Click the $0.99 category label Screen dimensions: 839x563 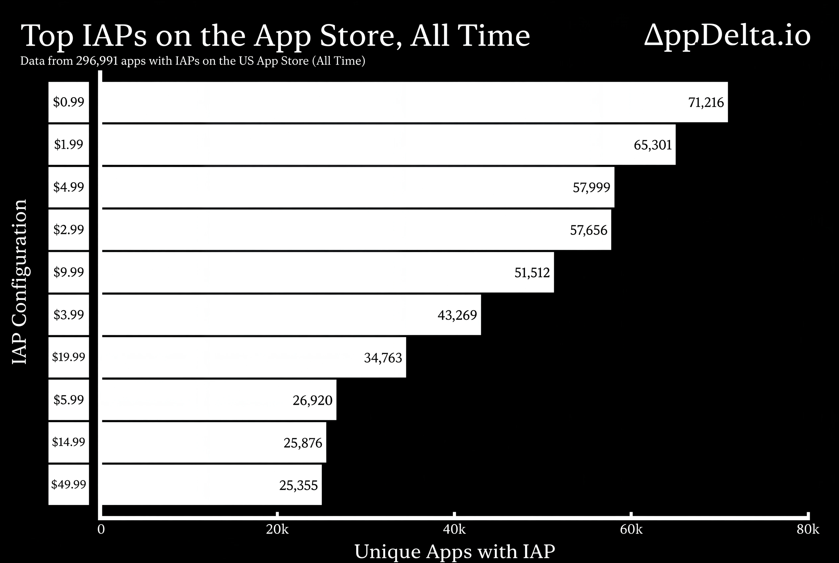69,102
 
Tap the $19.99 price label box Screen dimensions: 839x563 69,357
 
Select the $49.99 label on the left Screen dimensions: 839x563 69,484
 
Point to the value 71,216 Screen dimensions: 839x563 706,103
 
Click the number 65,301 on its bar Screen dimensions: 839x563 653,145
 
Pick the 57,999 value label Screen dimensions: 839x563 591,187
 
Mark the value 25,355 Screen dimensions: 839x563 298,485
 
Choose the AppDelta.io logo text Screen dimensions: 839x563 727,36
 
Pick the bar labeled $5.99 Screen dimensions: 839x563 219,400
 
